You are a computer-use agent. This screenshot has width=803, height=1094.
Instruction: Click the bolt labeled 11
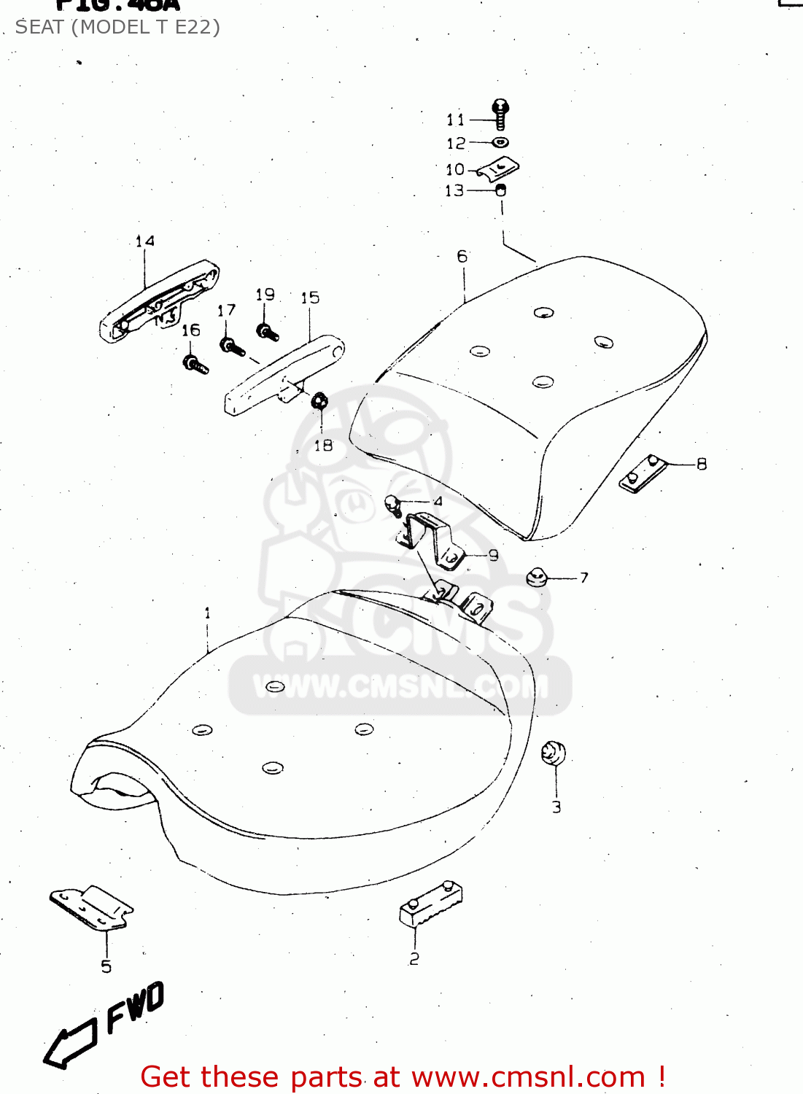point(500,115)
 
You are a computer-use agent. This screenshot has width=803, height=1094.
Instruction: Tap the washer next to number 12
point(500,142)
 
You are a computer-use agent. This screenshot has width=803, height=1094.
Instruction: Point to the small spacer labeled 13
point(501,190)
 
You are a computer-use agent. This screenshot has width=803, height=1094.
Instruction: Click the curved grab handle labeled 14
point(159,301)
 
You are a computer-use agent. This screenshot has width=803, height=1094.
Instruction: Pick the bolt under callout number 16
point(195,363)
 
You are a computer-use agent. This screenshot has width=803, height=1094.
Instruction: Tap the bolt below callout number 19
point(267,332)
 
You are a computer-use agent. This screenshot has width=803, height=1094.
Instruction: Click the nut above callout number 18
point(319,401)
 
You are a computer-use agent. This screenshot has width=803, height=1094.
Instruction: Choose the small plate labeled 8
point(643,473)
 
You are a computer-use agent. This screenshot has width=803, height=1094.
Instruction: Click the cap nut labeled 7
point(538,577)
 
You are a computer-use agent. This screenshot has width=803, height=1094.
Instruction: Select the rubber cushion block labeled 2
point(430,904)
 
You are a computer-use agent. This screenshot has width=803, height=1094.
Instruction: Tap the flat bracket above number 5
point(92,907)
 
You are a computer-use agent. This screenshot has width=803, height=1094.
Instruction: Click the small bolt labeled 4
point(393,503)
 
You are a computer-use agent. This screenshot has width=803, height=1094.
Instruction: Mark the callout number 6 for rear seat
point(462,256)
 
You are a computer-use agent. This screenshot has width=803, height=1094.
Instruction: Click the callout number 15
point(310,298)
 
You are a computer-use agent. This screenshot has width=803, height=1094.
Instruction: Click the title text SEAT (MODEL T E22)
point(117,27)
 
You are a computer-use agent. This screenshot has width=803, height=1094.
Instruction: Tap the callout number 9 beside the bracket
point(493,555)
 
